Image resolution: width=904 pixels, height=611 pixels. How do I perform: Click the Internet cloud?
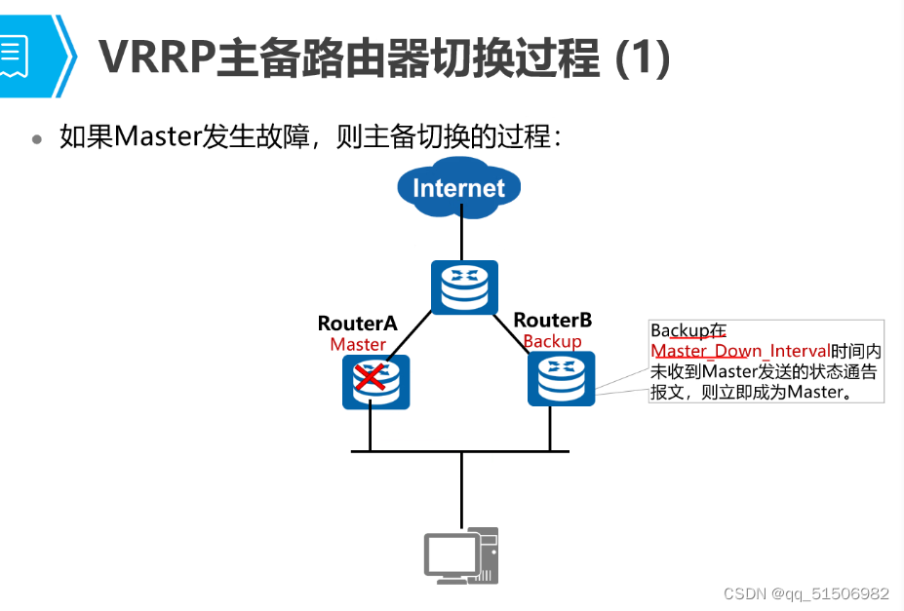pyautogui.click(x=458, y=187)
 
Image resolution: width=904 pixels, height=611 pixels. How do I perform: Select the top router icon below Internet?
pyautogui.click(x=464, y=287)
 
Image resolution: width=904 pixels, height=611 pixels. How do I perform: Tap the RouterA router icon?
pyautogui.click(x=375, y=381)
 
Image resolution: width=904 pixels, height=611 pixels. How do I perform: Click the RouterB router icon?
pyautogui.click(x=561, y=379)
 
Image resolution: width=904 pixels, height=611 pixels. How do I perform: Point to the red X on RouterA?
pyautogui.click(x=370, y=375)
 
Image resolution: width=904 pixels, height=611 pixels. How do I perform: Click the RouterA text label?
pyautogui.click(x=357, y=324)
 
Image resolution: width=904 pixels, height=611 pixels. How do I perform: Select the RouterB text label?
pyautogui.click(x=552, y=320)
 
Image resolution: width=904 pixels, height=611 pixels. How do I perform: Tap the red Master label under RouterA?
pyautogui.click(x=358, y=344)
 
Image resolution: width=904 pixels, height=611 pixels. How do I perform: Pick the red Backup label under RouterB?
pyautogui.click(x=552, y=341)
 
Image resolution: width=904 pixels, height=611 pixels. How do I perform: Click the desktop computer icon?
pyautogui.click(x=461, y=555)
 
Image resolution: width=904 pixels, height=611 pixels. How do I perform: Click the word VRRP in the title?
pyautogui.click(x=156, y=58)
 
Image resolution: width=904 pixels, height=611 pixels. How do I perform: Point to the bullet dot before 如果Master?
pyautogui.click(x=37, y=138)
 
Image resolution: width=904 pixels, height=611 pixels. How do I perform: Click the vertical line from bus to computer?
pyautogui.click(x=461, y=487)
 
